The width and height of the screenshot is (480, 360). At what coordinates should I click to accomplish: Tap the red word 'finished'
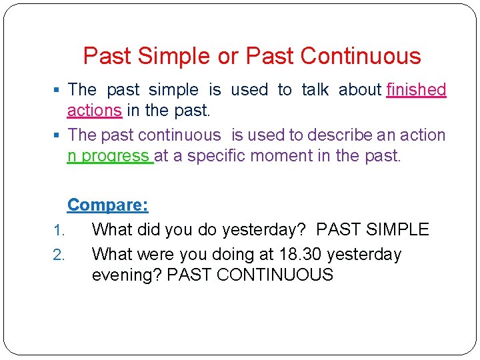tap(416, 90)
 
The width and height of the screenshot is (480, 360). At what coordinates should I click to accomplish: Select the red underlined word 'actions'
tap(94, 109)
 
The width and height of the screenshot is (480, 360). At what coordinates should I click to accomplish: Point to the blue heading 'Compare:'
tap(108, 205)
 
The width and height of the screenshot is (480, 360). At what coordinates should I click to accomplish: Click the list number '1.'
tap(58, 231)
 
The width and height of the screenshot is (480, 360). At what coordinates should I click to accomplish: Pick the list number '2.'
tap(58, 255)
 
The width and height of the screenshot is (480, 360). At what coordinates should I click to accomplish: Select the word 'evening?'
tap(127, 275)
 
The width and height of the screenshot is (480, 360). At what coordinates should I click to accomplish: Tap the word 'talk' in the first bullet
tap(317, 90)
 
